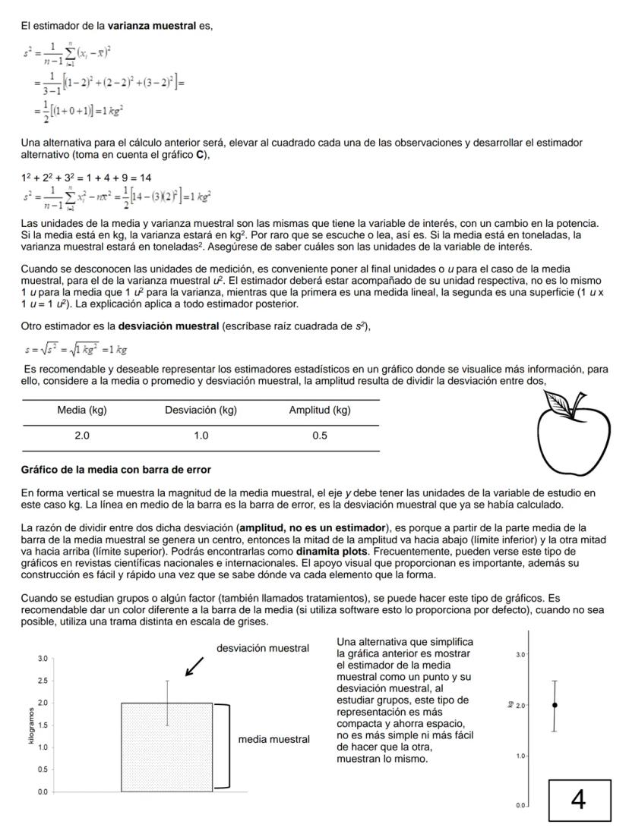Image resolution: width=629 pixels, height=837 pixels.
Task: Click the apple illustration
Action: [574, 437]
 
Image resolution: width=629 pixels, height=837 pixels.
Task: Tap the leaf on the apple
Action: [562, 403]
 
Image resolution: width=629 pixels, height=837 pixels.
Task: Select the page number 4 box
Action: [579, 799]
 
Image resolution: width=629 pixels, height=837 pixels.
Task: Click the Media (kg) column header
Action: [81, 411]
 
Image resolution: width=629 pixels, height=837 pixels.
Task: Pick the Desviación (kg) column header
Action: [201, 411]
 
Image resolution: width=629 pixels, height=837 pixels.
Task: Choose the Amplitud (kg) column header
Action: [319, 411]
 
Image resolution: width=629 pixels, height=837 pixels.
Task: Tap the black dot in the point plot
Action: [555, 705]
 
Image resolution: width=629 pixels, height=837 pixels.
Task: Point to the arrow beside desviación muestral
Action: [194, 666]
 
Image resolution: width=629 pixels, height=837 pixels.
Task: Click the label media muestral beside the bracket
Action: [273, 739]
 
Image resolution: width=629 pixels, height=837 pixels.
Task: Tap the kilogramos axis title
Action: [31, 725]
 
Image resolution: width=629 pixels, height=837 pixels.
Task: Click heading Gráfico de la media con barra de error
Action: [115, 470]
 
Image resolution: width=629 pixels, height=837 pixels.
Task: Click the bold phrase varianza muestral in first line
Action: [152, 26]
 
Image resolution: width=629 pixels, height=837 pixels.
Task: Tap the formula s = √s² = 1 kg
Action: [75, 350]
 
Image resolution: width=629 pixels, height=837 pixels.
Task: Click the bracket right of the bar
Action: [223, 747]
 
